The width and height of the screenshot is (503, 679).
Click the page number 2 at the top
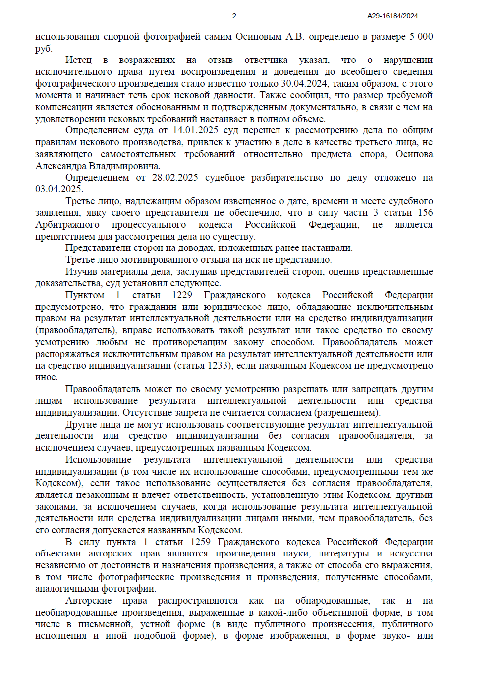(x=234, y=16)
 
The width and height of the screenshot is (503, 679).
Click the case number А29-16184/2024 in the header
(x=392, y=16)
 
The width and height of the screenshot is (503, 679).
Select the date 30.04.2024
(x=303, y=84)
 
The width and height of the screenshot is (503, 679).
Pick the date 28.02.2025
(x=175, y=178)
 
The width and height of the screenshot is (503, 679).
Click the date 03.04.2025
(x=58, y=189)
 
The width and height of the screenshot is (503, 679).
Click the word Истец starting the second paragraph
(x=78, y=60)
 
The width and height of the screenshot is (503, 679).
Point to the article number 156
(x=425, y=213)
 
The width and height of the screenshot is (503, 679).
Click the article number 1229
(x=182, y=295)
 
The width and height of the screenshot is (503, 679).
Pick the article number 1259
(x=200, y=542)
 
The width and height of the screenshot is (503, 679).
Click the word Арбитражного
(x=67, y=225)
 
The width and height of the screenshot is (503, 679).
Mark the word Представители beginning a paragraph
(x=97, y=248)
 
